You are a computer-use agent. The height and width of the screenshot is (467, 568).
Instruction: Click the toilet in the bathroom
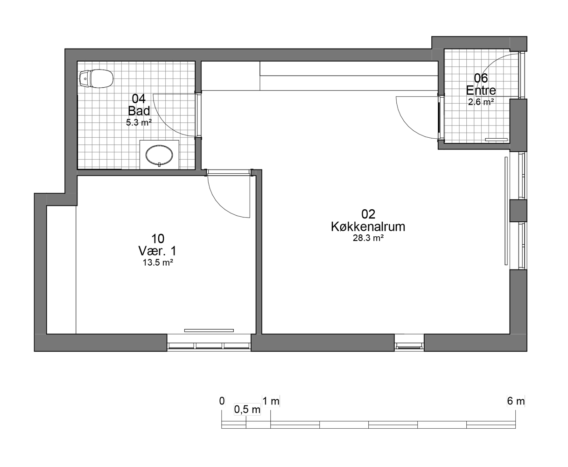[x=97, y=78]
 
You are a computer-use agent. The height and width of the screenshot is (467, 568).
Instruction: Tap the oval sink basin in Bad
[x=159, y=155]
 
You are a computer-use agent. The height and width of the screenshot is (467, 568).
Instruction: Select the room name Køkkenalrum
[x=368, y=226]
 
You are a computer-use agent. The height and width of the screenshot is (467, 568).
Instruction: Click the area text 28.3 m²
[x=368, y=238]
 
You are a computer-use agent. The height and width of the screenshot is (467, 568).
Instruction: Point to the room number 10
[x=158, y=239]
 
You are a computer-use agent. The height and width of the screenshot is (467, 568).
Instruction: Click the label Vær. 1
[x=158, y=251]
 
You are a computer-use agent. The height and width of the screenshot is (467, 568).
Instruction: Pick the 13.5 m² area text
[x=158, y=262]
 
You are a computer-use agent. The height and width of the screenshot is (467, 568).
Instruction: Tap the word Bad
[x=139, y=111]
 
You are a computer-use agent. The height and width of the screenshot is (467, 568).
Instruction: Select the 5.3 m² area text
[x=139, y=123]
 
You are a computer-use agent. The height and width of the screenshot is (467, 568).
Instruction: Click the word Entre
[x=481, y=90]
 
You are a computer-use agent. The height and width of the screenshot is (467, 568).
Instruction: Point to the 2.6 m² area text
[x=481, y=102]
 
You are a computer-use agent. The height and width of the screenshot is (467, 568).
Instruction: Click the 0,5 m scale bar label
[x=247, y=410]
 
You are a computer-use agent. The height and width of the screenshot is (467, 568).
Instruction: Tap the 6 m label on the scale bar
[x=516, y=401]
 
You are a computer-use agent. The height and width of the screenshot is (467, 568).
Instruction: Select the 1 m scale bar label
[x=271, y=401]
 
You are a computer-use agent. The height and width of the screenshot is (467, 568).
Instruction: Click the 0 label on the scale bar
[x=222, y=401]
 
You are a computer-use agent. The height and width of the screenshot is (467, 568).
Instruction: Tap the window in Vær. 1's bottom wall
[x=209, y=346]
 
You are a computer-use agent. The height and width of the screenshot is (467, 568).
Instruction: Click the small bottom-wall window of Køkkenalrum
[x=409, y=346]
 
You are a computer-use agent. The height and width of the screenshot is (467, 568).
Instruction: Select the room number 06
[x=481, y=78]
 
